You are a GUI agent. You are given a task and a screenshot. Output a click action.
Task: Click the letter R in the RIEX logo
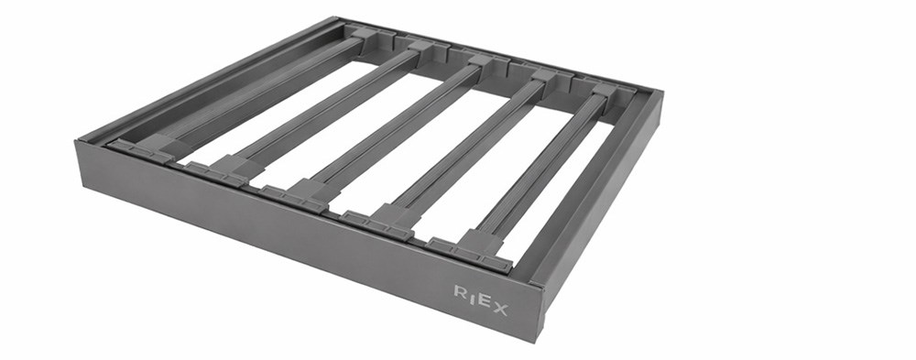461,291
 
